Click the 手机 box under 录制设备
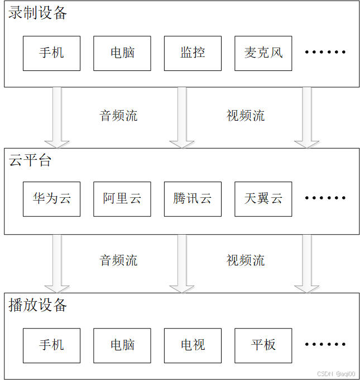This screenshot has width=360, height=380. point(51,53)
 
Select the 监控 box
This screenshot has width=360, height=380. point(193,53)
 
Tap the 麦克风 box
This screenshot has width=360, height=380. point(263,53)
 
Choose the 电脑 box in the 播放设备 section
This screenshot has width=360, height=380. point(122,345)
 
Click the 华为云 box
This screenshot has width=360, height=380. point(51,199)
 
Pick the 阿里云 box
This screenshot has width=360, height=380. point(122,199)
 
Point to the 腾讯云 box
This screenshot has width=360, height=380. point(193,199)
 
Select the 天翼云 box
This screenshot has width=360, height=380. point(263,199)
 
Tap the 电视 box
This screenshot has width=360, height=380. point(193,345)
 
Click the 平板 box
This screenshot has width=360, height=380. point(263,345)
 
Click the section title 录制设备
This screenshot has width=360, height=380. point(37,13)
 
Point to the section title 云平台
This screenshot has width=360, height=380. point(30,160)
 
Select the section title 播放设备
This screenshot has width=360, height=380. point(37,305)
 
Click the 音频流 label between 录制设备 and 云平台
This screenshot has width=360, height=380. point(118,115)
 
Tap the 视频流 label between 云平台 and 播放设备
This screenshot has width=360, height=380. point(246,260)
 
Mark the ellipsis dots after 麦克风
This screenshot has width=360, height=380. point(325,52)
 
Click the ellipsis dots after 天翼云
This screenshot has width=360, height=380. point(325,198)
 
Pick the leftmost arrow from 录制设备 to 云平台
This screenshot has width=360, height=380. point(57,117)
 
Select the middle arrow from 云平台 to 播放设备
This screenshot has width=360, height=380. point(182,264)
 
